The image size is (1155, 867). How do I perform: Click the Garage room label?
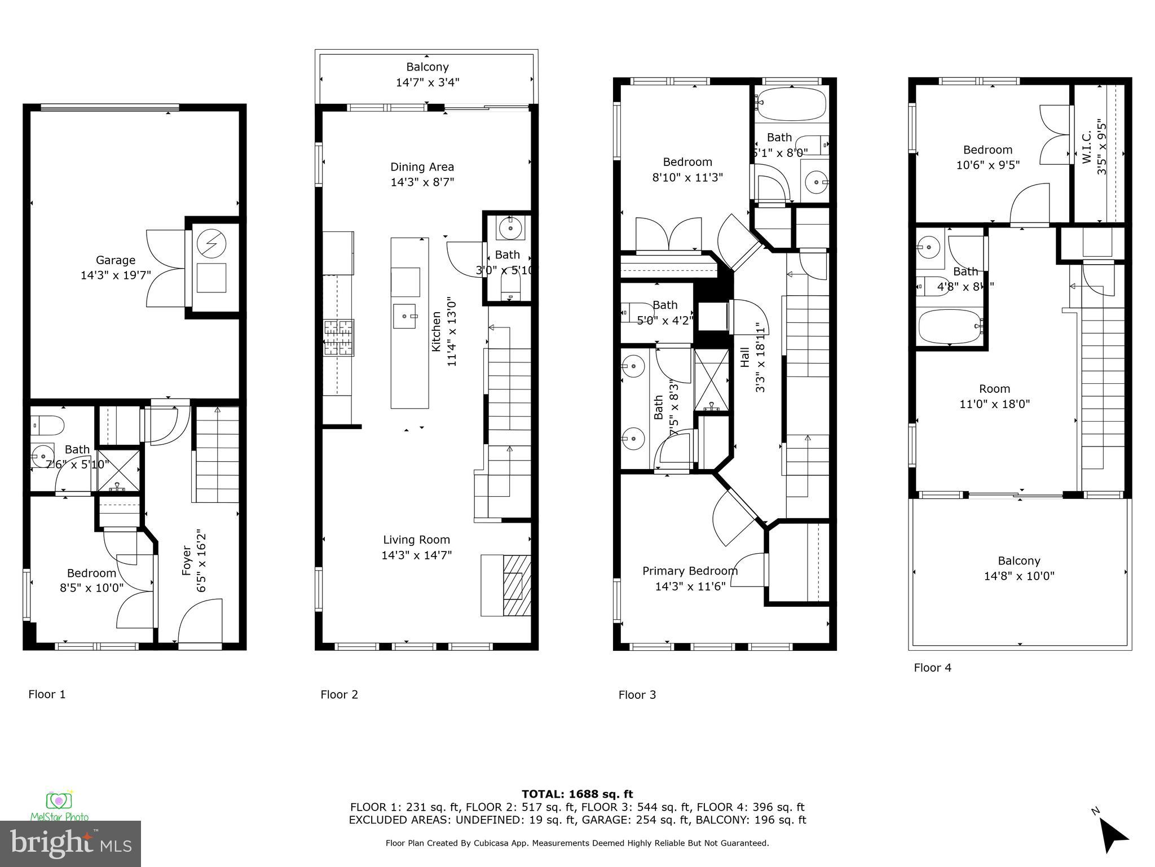pos(116,260)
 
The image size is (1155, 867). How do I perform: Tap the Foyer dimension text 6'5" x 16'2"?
pos(201,561)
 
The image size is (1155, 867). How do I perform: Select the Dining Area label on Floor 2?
pos(422,167)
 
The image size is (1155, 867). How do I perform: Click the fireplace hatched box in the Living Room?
pos(517,585)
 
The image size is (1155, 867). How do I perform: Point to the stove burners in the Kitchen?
pos(338,338)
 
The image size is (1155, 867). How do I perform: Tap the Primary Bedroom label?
pos(690,571)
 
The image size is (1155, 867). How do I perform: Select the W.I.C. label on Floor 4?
pos(1087,147)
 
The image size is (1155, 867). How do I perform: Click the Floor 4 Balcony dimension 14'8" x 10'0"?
pos(1019,576)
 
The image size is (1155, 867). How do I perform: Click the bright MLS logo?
pos(70,844)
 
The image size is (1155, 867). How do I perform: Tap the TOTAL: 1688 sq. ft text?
pos(577,794)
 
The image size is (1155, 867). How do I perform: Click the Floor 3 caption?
pos(637,695)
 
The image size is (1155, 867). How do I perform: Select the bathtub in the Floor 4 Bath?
pos(950,326)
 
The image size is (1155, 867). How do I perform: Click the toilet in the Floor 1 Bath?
pos(49,424)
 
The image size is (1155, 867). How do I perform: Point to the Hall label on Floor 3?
pos(745,357)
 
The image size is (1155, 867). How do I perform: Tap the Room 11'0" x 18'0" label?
pos(994,396)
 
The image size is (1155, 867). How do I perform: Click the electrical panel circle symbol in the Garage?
pos(211,243)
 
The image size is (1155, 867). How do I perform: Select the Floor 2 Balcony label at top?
pos(427,67)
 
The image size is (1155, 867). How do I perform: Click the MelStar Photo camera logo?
pos(59,801)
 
